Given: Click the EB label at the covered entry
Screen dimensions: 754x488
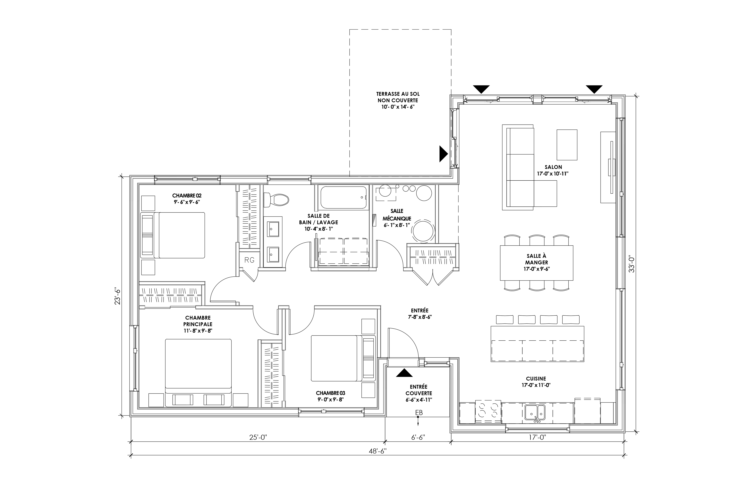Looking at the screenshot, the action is [x=419, y=413].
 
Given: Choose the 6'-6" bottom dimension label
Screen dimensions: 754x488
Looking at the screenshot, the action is [x=418, y=437].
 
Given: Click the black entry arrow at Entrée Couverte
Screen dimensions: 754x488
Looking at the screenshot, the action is [x=404, y=373].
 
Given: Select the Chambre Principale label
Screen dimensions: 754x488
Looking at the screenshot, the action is [x=198, y=321].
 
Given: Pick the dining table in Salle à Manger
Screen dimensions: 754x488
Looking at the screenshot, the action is [x=537, y=263].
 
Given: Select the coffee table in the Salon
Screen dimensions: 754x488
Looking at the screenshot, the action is [x=567, y=144].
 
